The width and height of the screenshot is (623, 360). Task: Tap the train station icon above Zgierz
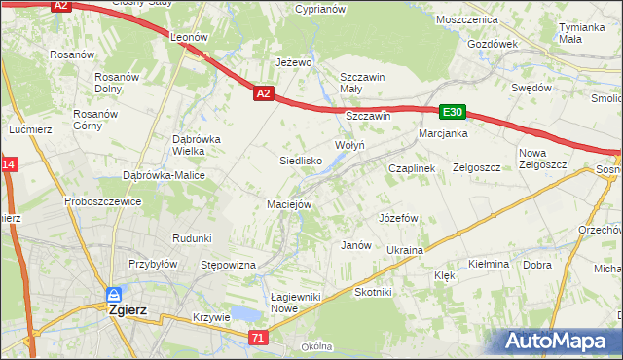point(114,294)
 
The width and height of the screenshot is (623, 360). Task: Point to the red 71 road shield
point(257,338)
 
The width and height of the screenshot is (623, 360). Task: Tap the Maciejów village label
point(289,204)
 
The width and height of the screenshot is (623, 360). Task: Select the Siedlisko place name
point(301,160)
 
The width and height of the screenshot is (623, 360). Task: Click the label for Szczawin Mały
point(363,83)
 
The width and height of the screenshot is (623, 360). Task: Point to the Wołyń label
point(349,145)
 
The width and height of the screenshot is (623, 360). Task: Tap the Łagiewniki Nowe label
point(270,302)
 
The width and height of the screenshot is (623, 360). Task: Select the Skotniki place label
point(373,292)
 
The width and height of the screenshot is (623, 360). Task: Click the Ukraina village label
point(405,250)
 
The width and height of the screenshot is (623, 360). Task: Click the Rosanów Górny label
point(96,119)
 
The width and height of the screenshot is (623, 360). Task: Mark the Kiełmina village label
point(489,264)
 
